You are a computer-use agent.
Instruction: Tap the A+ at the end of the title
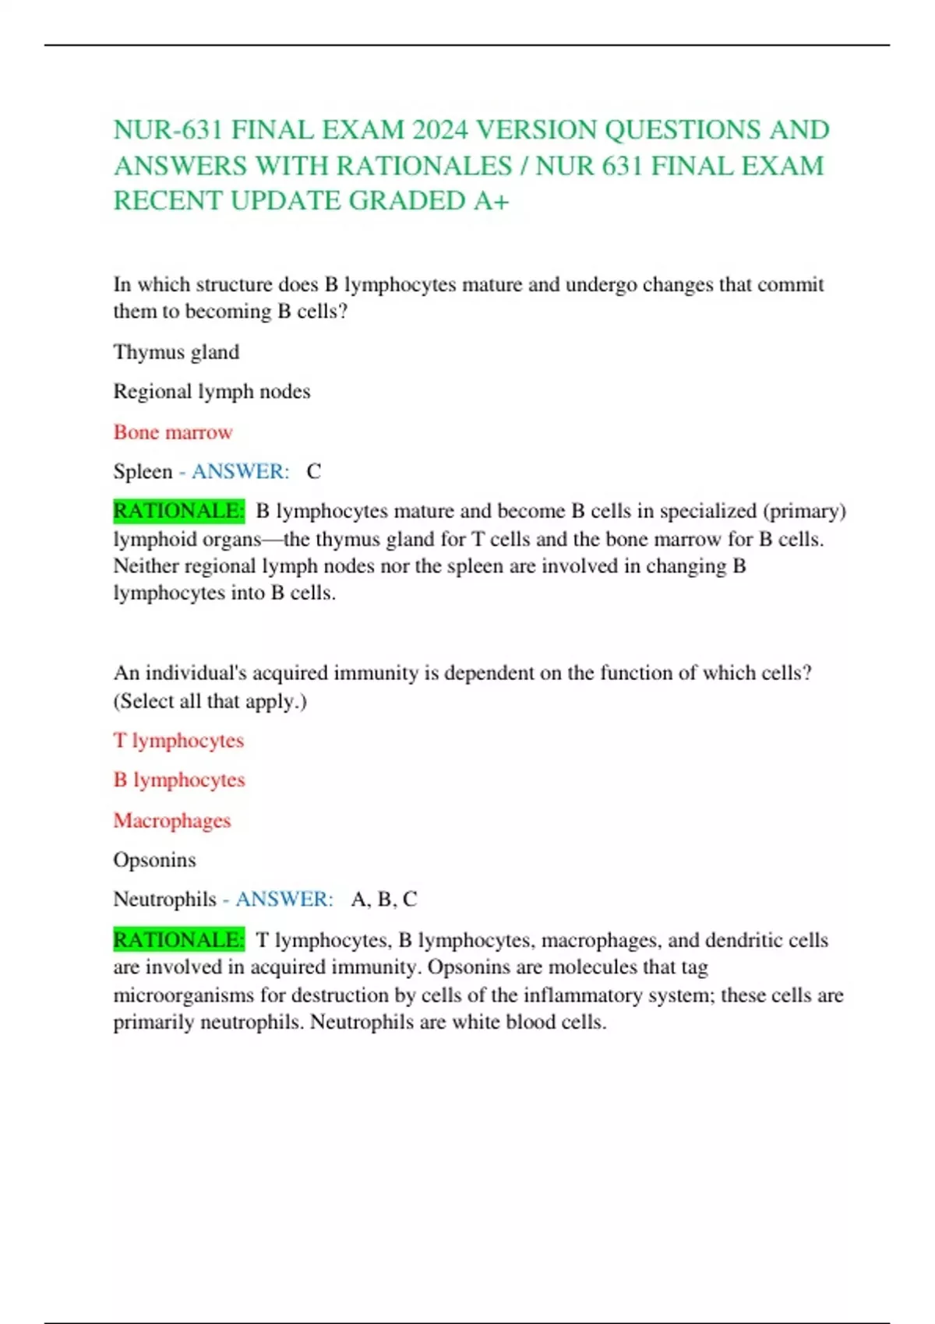coord(492,201)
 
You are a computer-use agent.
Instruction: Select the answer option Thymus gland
coord(176,352)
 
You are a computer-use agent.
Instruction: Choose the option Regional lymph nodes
coord(212,391)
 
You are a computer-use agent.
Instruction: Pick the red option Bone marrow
coord(173,432)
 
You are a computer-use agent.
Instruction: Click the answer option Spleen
coord(143,471)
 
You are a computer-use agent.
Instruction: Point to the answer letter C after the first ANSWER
coord(313,471)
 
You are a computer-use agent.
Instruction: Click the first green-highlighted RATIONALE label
coord(179,511)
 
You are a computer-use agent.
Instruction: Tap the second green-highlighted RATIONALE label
coord(179,940)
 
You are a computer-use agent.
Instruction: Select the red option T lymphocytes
coord(178,740)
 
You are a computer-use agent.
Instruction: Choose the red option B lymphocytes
coord(179,780)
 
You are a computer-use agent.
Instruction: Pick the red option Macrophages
coord(172,820)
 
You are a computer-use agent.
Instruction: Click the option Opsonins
coord(154,860)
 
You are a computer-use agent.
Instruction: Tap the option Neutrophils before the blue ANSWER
coord(164,899)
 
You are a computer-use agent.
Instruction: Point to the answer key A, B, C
coord(384,899)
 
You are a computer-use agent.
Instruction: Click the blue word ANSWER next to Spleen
coord(240,471)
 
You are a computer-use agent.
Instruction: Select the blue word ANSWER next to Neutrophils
coord(284,899)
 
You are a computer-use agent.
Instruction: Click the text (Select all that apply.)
coord(210,701)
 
